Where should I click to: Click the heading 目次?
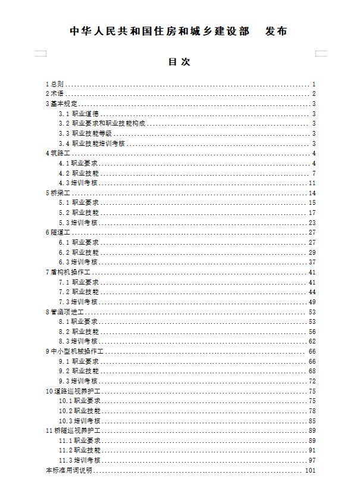(180, 61)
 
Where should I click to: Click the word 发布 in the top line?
(274, 31)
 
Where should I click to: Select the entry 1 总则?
(55, 84)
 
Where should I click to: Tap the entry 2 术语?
(55, 94)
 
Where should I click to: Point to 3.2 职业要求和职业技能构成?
(102, 123)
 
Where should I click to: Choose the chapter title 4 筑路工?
(58, 154)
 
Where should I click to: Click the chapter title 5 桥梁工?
(58, 193)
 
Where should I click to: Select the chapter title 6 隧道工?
(58, 232)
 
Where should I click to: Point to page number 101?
(309, 471)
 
